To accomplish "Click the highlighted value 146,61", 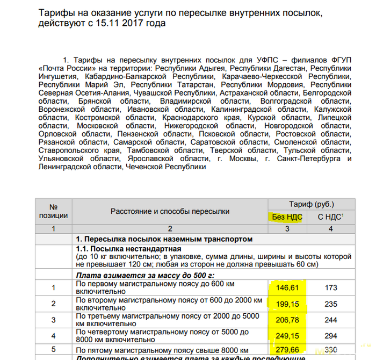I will tap(286, 288).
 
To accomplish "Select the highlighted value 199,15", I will tap(286, 304).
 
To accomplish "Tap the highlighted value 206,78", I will tap(286, 320).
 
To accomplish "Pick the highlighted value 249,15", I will tap(286, 335).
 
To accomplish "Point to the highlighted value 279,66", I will tap(286, 350).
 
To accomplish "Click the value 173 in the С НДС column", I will tap(331, 288).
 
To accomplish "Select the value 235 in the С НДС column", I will tap(331, 304).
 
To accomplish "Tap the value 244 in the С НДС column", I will tap(331, 320).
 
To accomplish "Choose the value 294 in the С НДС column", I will tap(331, 335).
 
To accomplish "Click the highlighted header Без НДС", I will tap(287, 217).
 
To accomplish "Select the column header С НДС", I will tap(330, 217).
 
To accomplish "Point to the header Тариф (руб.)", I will tap(311, 204).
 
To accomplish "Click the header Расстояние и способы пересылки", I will tap(170, 211).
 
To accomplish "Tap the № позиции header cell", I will tap(54, 211).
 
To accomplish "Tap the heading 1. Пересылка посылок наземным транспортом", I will tap(164, 239).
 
